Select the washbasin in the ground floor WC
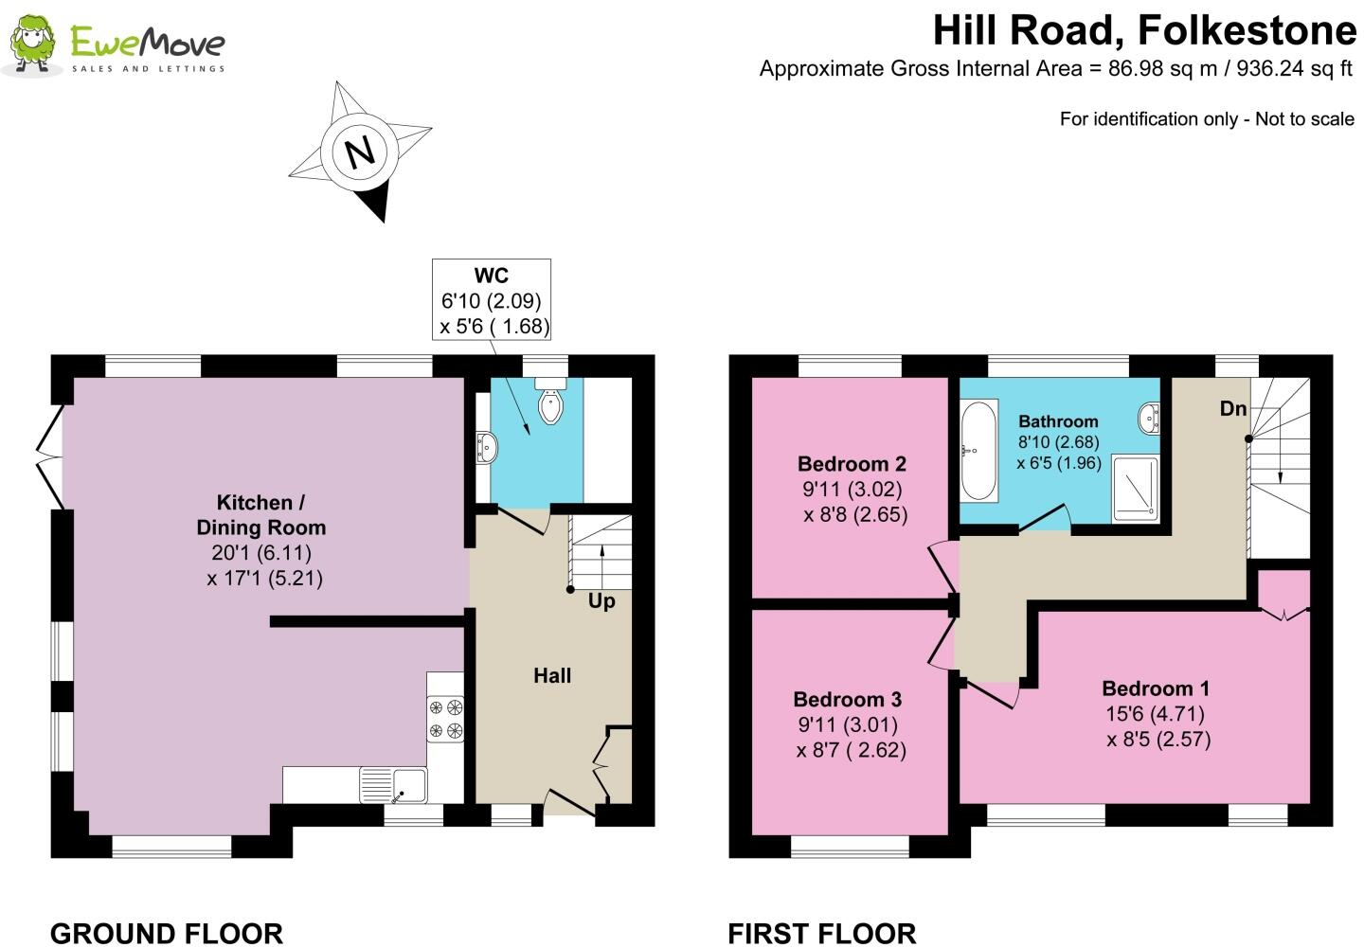487,447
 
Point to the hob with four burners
446,718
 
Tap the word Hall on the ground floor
552,675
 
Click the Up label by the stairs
601,601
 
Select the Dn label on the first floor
1232,409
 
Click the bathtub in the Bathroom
978,450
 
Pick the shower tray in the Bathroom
1135,488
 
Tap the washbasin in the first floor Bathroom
1149,417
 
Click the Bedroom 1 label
1155,688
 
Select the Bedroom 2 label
852,464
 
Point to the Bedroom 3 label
847,700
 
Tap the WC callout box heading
491,276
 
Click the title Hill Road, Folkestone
1144,31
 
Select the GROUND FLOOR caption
167,933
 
